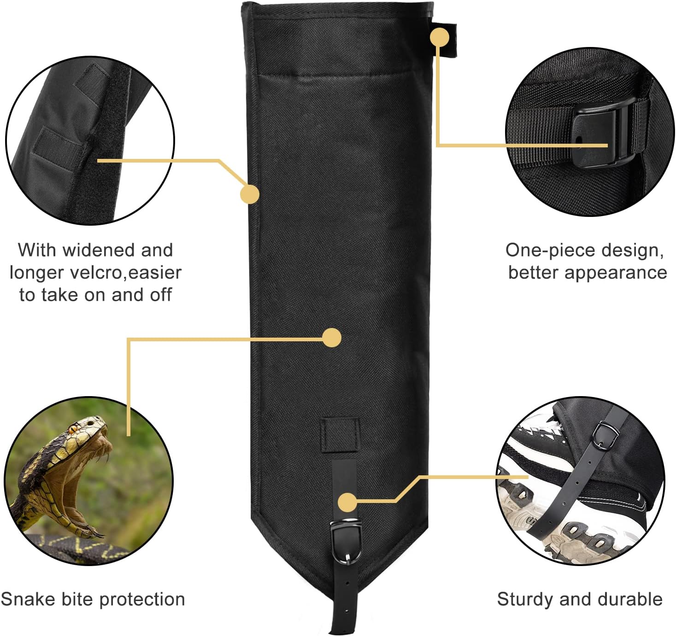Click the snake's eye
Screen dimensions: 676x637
pos(73,429)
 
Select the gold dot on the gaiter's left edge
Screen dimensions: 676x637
pos(250,194)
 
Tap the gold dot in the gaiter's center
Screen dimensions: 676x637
pos(332,338)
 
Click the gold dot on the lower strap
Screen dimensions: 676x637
pos(347,503)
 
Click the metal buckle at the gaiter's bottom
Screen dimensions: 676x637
pos(346,541)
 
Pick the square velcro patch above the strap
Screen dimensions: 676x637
pos(340,434)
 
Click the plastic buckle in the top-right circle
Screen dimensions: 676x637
pos(597,134)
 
